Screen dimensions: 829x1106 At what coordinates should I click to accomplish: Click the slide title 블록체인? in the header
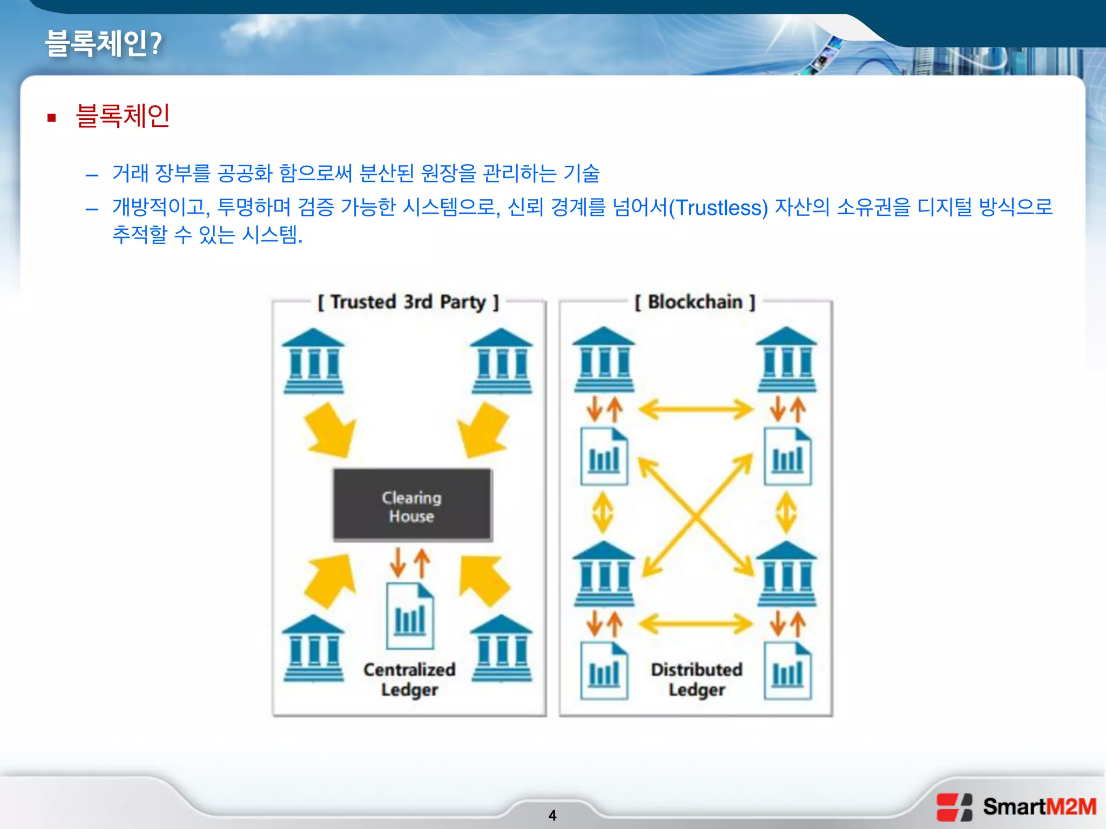[103, 43]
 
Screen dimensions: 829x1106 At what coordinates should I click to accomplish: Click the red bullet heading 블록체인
[123, 116]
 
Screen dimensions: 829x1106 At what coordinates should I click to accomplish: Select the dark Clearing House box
[412, 505]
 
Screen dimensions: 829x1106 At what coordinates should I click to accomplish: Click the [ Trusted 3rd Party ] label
[408, 302]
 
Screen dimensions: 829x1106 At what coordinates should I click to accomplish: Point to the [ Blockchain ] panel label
[695, 302]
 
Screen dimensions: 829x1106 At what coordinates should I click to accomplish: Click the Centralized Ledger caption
[409, 679]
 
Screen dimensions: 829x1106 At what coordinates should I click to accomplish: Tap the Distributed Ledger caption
[697, 679]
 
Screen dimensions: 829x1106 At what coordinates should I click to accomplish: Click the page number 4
[552, 815]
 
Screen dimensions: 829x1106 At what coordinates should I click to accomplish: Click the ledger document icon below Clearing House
[410, 616]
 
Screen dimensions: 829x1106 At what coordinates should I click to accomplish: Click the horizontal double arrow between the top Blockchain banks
[696, 410]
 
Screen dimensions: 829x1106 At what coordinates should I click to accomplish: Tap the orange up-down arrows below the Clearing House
[410, 562]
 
